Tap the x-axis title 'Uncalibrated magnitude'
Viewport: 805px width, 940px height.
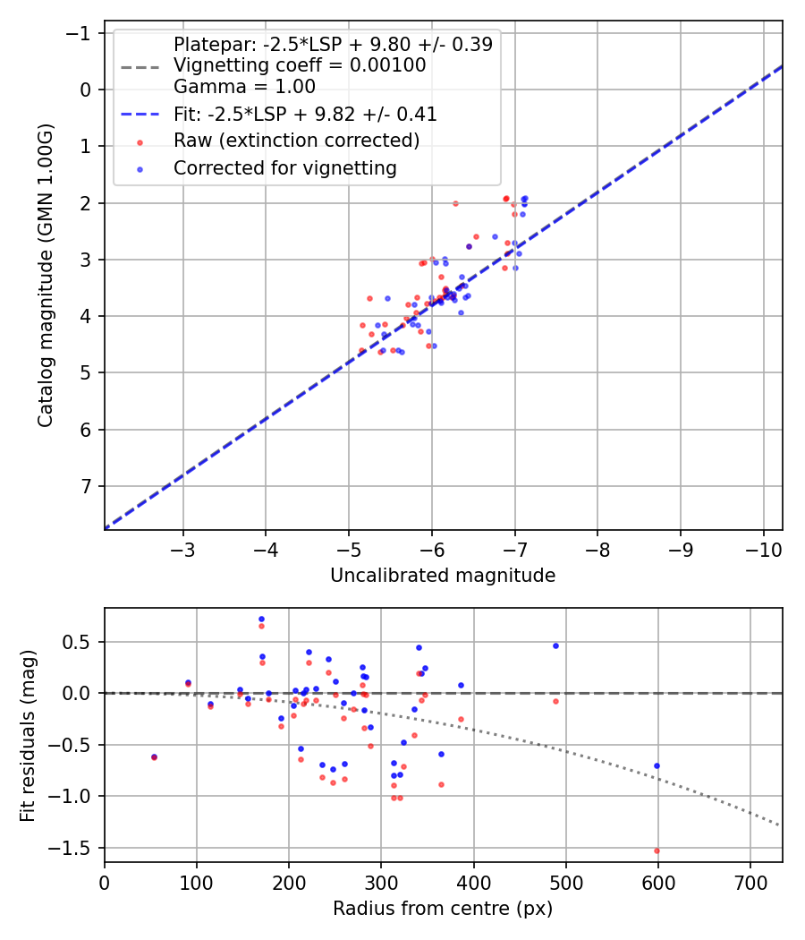(443, 575)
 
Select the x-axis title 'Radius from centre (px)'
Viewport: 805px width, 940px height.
(443, 909)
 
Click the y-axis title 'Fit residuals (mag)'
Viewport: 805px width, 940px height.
(28, 735)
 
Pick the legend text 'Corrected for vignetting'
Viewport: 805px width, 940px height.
(284, 167)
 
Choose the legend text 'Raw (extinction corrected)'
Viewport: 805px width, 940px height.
(296, 141)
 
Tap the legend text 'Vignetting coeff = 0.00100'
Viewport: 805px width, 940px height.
(300, 65)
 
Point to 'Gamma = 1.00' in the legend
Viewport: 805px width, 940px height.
(244, 87)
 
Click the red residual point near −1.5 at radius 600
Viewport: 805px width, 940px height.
(657, 850)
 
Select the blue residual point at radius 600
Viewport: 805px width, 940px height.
(657, 765)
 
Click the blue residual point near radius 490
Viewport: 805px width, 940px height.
(555, 645)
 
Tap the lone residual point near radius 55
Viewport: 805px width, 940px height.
(154, 756)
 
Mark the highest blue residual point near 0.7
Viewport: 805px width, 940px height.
(261, 619)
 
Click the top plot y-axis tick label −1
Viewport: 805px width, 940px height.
(80, 33)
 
